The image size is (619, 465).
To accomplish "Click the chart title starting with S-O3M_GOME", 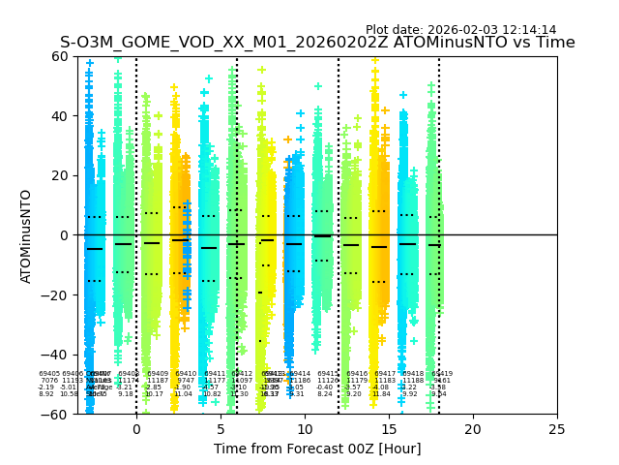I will click(x=317, y=43).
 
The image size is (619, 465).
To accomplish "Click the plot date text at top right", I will click(x=460, y=30).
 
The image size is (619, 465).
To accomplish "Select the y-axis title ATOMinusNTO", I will click(x=26, y=235).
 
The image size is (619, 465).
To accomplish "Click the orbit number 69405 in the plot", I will click(x=49, y=373).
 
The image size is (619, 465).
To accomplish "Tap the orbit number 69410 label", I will click(x=186, y=373).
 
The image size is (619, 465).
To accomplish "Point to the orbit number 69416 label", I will click(x=358, y=373).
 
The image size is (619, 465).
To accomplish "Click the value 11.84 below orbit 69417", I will click(x=381, y=394).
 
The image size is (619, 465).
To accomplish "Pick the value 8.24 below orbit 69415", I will click(x=325, y=394).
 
